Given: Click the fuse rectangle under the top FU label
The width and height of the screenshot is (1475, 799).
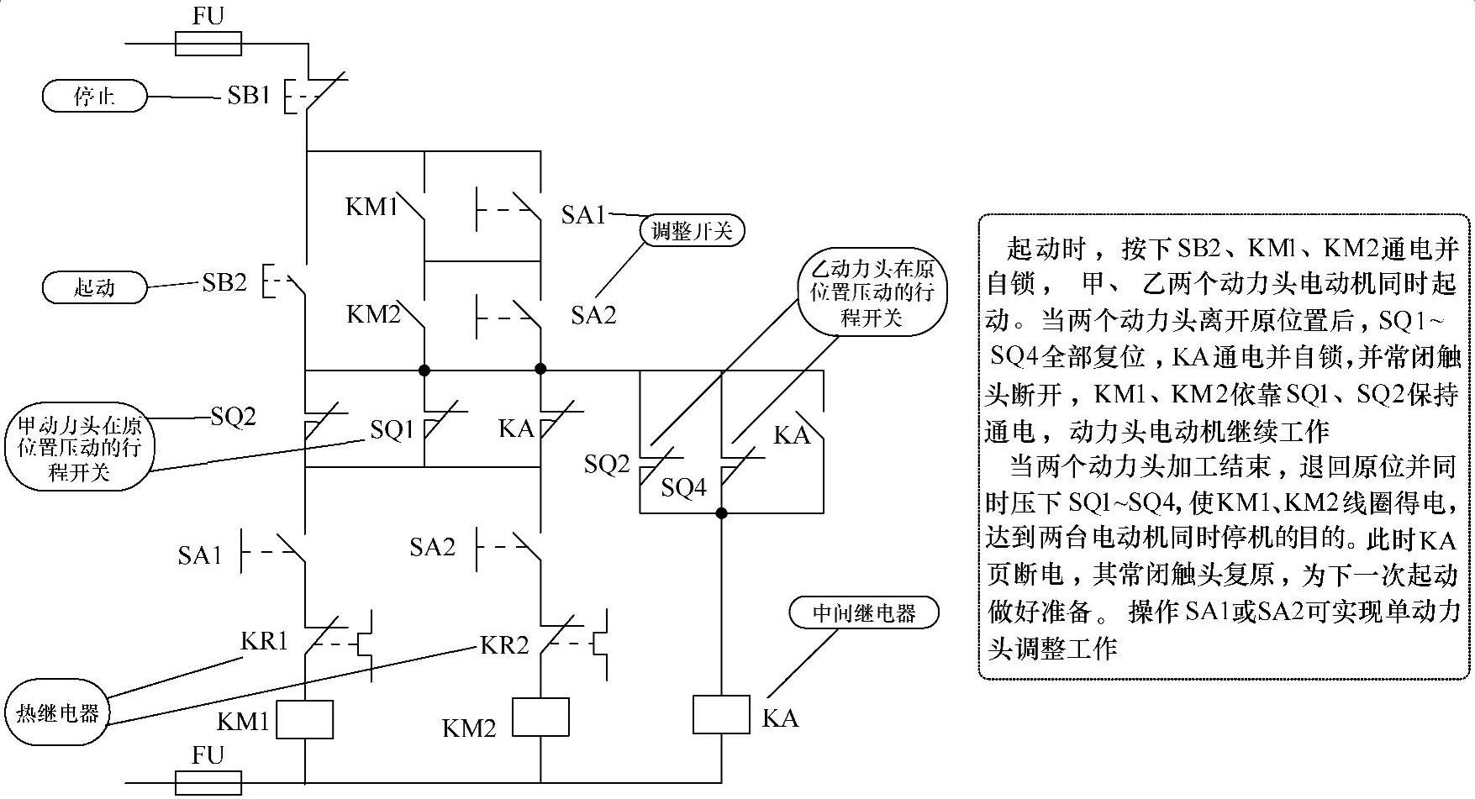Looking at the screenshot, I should tap(208, 44).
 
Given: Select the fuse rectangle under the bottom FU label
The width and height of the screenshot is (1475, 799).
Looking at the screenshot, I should tap(208, 782).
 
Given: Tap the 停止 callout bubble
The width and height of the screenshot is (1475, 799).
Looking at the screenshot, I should tap(94, 97).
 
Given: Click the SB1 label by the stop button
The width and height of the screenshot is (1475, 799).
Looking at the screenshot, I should tap(249, 96).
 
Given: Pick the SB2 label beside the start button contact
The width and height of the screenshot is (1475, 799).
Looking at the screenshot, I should tap(224, 283).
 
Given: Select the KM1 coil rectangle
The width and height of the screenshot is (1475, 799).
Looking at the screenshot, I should tap(304, 720).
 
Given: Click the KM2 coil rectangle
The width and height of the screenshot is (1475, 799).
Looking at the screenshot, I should tap(540, 717).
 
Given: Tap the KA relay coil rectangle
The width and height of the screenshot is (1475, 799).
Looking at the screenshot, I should tap(721, 714).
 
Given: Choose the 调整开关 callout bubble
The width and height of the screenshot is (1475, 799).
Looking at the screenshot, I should tap(693, 231).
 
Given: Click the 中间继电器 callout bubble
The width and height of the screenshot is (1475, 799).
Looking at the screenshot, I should tap(864, 612).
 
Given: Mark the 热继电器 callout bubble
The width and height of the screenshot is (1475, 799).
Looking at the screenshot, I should tap(58, 713).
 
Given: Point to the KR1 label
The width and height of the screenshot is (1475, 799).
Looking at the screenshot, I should tap(265, 642).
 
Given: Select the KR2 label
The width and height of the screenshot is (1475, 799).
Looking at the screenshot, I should tap(504, 645).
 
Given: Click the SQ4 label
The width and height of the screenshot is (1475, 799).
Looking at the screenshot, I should tap(683, 487).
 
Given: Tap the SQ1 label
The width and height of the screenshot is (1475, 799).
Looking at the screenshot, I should tap(392, 430).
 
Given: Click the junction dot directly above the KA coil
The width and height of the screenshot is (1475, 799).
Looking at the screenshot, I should tap(721, 513).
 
